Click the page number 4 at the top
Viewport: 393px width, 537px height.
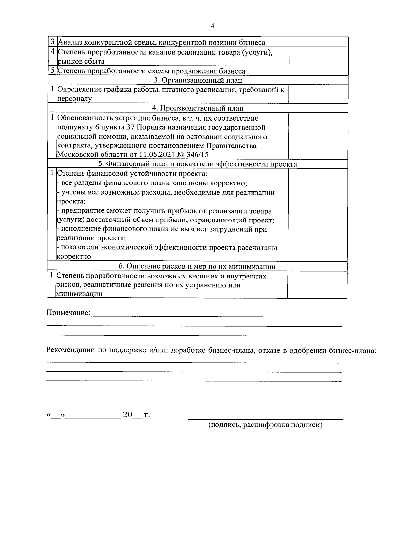tap(213, 26)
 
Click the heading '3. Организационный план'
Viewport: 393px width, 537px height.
tap(198, 80)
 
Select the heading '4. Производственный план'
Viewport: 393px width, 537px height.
tap(198, 108)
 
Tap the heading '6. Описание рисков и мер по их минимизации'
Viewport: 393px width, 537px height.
tap(197, 266)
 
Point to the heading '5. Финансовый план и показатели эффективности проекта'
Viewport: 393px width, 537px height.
tap(198, 164)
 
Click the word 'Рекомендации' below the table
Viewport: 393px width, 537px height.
tap(70, 350)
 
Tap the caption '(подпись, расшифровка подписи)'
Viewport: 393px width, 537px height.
tap(266, 425)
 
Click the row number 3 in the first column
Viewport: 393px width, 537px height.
tap(52, 42)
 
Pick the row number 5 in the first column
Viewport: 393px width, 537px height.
tap(52, 71)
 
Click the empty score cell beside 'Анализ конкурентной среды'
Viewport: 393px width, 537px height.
tap(318, 42)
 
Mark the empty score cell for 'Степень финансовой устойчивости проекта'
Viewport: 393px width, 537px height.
tap(317, 215)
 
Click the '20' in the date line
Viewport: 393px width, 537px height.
tap(127, 415)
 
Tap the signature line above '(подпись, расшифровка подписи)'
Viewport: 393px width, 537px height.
tap(266, 419)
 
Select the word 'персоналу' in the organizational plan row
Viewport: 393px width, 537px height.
tap(74, 99)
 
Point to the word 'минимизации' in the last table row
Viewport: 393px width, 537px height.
tap(79, 294)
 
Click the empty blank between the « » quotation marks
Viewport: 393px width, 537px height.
tap(56, 415)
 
